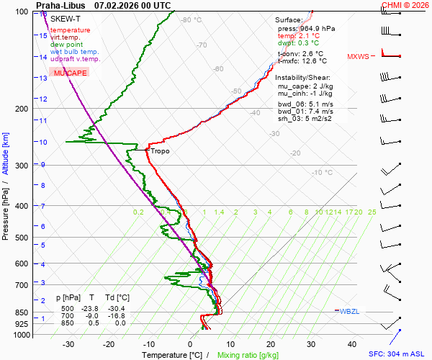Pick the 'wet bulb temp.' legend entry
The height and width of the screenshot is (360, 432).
pyautogui.click(x=75, y=52)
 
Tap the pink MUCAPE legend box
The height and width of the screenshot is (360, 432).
pyautogui.click(x=70, y=73)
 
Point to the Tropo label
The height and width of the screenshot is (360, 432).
pyautogui.click(x=160, y=151)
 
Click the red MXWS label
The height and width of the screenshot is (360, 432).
pyautogui.click(x=358, y=56)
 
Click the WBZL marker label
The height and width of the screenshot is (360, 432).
pyautogui.click(x=349, y=311)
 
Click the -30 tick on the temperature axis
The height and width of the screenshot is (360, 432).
pyautogui.click(x=68, y=344)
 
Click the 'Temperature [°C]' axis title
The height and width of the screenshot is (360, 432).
pyautogui.click(x=171, y=355)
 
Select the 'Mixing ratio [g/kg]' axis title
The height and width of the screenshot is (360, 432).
pyautogui.click(x=248, y=355)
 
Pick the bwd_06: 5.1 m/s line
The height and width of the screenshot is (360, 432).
pyautogui.click(x=305, y=103)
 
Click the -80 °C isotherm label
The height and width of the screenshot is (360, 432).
pyautogui.click(x=191, y=20)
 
